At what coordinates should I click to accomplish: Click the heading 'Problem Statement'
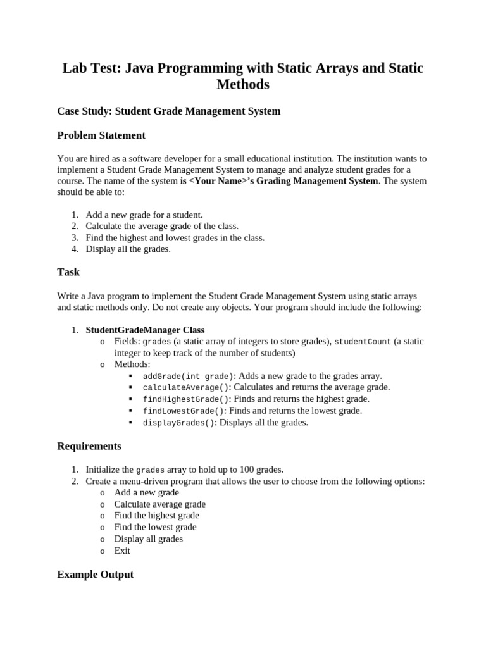click(x=101, y=135)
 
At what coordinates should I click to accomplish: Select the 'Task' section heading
click(x=68, y=272)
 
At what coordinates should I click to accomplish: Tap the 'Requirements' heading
click(x=89, y=446)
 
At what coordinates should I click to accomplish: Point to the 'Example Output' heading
click(x=96, y=575)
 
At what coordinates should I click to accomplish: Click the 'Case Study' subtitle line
click(x=168, y=111)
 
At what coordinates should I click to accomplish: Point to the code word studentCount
click(x=363, y=342)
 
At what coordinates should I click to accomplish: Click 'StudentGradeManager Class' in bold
click(x=145, y=330)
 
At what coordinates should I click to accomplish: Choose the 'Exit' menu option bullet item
click(x=122, y=551)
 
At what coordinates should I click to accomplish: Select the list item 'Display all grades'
click(x=149, y=539)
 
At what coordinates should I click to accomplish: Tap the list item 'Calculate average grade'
click(x=159, y=504)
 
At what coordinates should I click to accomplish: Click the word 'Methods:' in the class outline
click(x=132, y=364)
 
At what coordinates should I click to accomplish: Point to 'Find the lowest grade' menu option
click(x=155, y=527)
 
